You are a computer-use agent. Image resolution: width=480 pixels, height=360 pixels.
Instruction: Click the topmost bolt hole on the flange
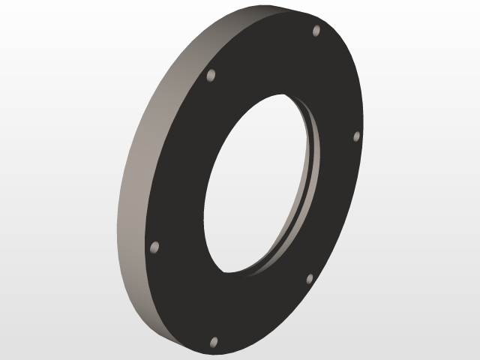click(x=316, y=31)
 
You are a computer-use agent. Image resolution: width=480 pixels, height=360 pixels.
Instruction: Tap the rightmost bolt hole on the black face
click(x=357, y=136)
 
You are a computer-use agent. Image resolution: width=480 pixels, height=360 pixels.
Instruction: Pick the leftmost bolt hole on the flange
click(x=155, y=247)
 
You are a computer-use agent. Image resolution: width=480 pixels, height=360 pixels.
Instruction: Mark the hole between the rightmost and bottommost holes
click(x=309, y=279)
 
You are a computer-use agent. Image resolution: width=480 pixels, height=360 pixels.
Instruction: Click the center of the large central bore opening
click(x=259, y=184)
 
